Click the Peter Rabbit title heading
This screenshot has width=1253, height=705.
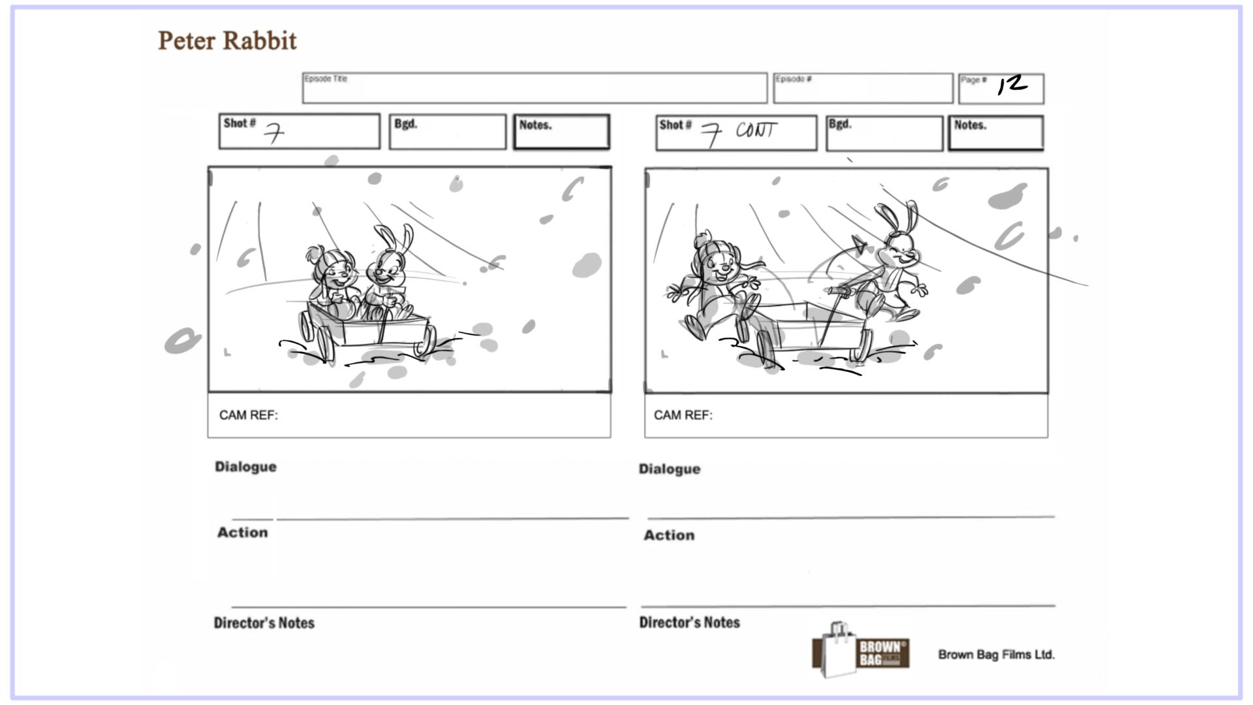pos(227,40)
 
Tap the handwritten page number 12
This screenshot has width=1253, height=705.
pos(1012,85)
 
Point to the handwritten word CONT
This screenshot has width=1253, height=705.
pos(756,131)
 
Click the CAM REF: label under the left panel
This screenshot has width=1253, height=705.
pos(248,415)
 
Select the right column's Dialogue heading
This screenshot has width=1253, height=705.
pos(669,469)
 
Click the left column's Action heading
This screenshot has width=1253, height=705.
pos(242,533)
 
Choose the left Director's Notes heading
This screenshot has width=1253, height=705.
pos(264,623)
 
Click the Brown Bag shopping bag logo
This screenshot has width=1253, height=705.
pos(860,651)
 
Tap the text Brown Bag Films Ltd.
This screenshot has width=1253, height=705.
pos(996,654)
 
